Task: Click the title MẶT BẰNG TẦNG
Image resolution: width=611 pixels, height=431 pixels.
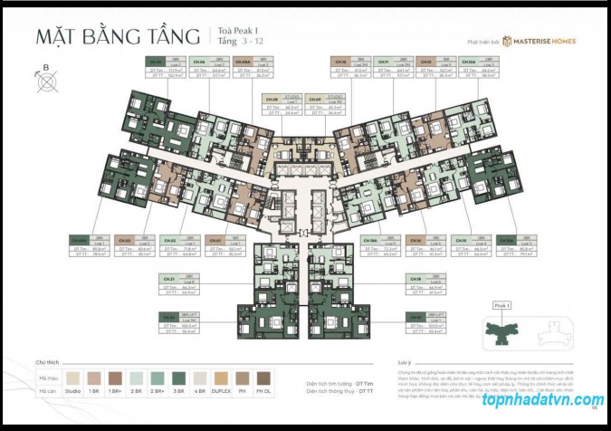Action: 119,39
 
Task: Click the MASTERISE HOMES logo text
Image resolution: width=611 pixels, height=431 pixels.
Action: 543,42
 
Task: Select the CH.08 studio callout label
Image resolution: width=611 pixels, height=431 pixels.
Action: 281,107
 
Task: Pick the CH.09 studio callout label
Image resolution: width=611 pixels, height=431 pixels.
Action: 325,107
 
